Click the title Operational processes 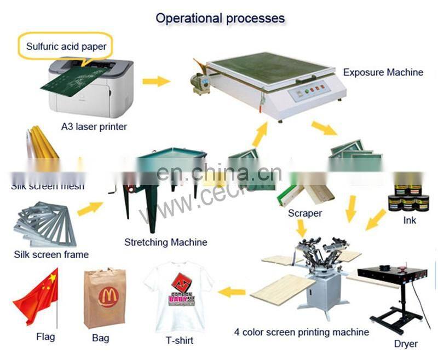pos(220,18)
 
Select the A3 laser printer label pos(94,127)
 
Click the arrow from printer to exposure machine pos(156,82)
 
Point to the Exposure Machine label pos(383,72)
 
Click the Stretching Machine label pos(166,242)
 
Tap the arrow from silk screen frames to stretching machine pos(90,208)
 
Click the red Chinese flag pos(37,297)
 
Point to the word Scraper pos(305,213)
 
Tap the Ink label pos(410,220)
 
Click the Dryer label pos(406,344)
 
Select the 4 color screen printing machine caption pos(301,332)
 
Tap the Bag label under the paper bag pos(100,338)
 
